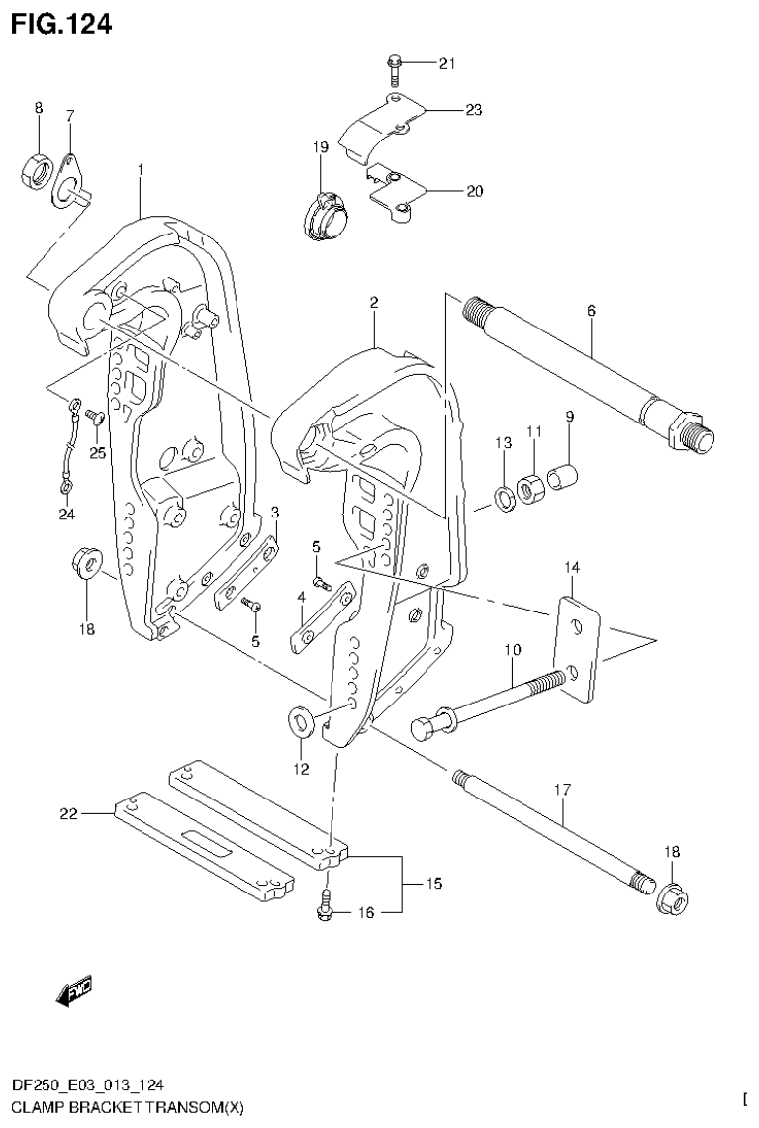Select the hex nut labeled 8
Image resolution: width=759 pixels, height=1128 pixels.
point(38,171)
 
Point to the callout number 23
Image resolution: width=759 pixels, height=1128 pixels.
point(473,110)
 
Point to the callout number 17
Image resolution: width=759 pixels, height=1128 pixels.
point(562,790)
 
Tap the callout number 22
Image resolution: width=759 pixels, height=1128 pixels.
point(69,813)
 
